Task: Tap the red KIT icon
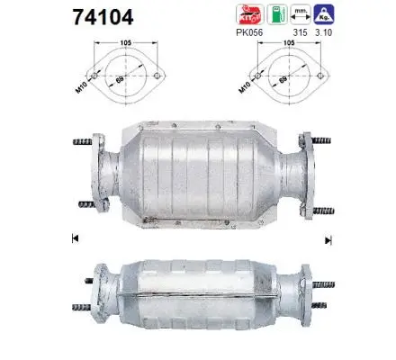[249, 13]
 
